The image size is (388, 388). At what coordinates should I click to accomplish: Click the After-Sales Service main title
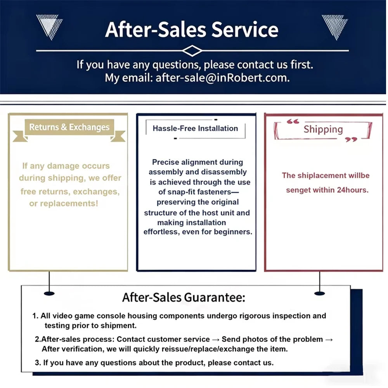192,29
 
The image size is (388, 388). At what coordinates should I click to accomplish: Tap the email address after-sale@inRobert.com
222,78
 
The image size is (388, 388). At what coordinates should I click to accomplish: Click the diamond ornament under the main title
192,51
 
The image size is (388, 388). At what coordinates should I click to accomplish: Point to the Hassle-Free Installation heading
195,128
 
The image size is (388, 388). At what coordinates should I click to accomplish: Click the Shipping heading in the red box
323,129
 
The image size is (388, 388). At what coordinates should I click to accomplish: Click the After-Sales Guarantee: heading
184,297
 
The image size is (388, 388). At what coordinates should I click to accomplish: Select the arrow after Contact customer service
215,339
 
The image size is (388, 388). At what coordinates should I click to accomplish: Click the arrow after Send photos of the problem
329,339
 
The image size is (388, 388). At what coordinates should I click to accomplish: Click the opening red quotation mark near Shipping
293,121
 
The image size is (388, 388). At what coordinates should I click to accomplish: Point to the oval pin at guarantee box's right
319,293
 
